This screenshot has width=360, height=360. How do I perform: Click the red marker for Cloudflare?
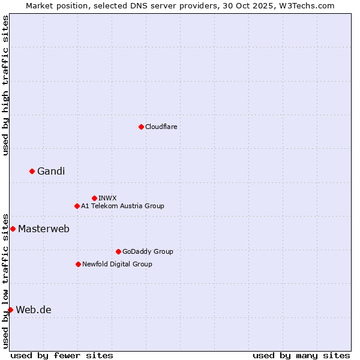(141, 127)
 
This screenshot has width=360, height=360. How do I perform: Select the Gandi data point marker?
(32, 172)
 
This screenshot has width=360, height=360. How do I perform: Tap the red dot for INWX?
(94, 198)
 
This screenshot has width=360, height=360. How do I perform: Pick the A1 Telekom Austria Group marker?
(77, 206)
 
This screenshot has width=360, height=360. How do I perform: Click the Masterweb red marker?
(13, 229)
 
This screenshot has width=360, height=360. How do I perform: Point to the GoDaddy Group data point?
(118, 251)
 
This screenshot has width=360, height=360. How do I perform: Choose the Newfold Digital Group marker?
(78, 264)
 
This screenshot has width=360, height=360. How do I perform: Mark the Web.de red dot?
(10, 310)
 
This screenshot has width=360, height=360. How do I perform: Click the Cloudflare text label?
(161, 127)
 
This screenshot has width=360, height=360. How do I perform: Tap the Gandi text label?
(51, 172)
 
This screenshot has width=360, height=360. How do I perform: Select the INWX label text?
(107, 198)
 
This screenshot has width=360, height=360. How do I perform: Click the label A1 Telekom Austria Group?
(122, 206)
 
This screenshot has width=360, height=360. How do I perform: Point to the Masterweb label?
(44, 229)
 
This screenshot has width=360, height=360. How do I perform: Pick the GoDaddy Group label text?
(148, 251)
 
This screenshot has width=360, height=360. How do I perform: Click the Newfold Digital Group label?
(117, 264)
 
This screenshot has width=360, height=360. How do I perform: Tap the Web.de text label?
(34, 310)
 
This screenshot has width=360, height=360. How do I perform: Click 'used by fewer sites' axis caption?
(62, 355)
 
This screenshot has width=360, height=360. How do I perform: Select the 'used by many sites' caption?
(301, 355)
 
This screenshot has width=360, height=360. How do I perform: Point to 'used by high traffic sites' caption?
(5, 85)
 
